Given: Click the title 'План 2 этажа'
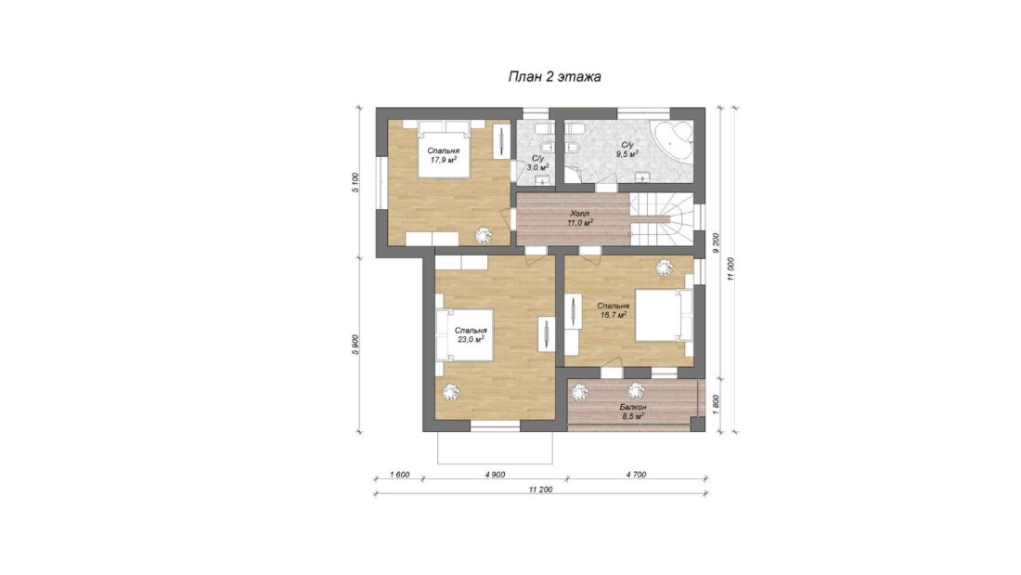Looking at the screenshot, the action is [x=554, y=77].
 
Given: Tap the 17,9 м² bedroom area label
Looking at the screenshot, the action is [x=444, y=159].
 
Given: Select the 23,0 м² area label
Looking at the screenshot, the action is [x=471, y=339].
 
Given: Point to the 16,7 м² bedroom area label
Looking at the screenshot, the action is [x=614, y=314].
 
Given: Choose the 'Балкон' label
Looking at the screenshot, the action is [x=632, y=407].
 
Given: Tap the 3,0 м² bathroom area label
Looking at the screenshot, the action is [x=537, y=167].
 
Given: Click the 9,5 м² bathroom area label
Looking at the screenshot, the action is [x=627, y=154].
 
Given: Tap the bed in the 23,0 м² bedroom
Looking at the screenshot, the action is [x=464, y=335].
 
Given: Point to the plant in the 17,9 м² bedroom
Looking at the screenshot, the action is [x=483, y=235].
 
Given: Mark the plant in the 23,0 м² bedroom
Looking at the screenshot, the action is [x=449, y=392].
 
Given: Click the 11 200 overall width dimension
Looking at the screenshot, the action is [x=540, y=489].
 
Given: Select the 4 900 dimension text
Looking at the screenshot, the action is [x=496, y=475].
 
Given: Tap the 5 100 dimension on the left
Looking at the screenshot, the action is [x=355, y=183].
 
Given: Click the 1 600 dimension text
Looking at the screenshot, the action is [x=399, y=475].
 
